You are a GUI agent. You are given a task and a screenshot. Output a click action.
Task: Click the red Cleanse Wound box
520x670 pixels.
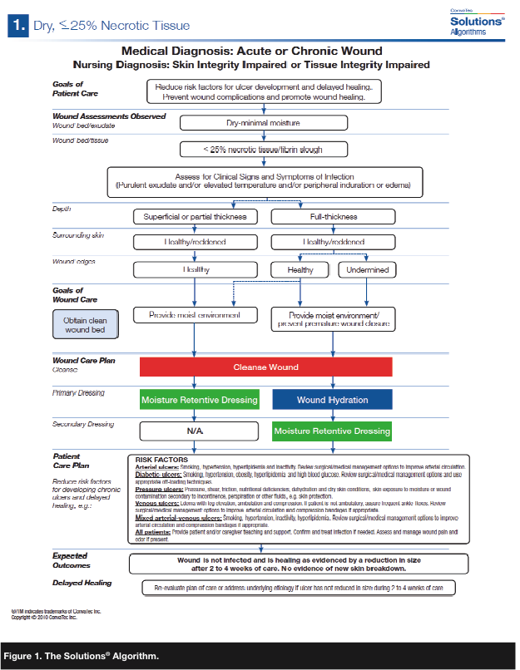pos(265,367)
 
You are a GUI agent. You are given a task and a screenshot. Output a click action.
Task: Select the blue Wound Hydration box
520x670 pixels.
pos(331,400)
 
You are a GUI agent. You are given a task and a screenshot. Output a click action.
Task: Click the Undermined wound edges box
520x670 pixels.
pos(367,269)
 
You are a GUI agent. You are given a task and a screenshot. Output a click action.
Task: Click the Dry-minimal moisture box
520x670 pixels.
pos(264,123)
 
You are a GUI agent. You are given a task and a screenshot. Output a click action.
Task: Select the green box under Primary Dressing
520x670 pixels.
pos(199,400)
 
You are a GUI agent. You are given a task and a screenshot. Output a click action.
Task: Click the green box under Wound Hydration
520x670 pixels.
pos(332,431)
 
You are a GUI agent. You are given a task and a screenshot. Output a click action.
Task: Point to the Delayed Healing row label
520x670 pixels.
pos(82,583)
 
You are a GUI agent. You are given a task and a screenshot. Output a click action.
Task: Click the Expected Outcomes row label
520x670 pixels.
pos(76,560)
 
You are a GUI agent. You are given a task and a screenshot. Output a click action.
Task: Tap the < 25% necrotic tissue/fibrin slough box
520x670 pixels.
pos(264,150)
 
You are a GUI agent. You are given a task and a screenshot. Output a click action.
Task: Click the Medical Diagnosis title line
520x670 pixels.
pos(264,51)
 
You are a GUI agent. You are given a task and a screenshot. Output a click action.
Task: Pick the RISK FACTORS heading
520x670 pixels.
pos(161,459)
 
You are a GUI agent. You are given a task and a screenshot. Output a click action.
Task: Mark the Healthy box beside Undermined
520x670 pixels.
pos(300,269)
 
